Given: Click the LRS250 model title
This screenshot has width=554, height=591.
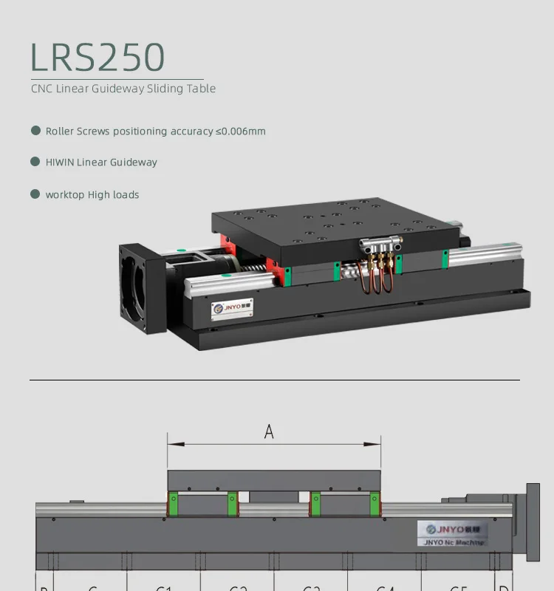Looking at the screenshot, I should [98, 57].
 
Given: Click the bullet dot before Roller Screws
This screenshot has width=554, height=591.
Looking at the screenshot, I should [35, 131].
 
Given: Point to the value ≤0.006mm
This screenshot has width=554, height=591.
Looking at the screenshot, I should [240, 131].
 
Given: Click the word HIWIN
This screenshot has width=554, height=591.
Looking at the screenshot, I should [60, 163].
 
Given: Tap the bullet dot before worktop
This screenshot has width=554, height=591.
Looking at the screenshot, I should [35, 194].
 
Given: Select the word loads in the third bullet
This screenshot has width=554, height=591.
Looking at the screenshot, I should [126, 195].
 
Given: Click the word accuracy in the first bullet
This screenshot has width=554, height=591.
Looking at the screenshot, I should [191, 131].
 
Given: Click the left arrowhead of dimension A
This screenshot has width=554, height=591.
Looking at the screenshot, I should [171, 445].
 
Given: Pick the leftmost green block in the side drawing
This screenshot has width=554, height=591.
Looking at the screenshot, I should [174, 504].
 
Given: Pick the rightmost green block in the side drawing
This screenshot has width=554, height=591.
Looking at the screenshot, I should [376, 504].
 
